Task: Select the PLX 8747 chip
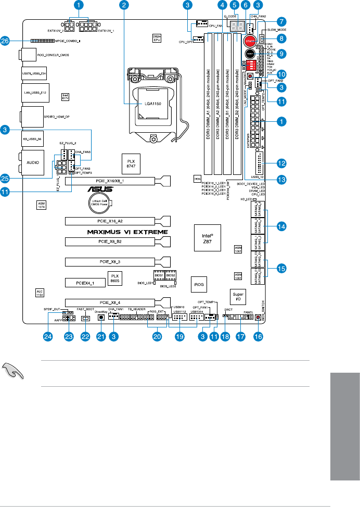tap(131, 161)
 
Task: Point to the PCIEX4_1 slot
tap(84, 283)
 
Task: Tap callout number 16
tap(258, 337)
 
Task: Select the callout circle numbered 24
tap(49, 337)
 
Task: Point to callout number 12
tap(281, 163)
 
